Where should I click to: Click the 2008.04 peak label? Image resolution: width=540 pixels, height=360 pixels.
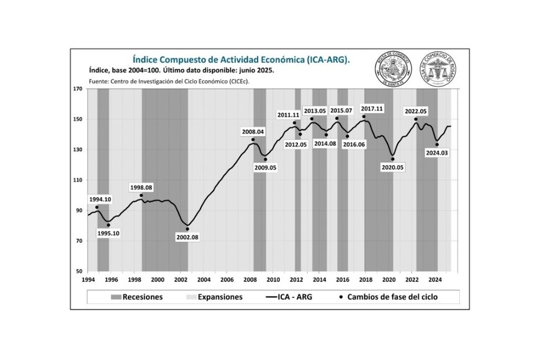tap(253, 132)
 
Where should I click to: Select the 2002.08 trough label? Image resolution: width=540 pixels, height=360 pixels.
tap(187, 238)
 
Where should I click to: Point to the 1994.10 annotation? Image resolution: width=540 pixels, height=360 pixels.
tap(99, 199)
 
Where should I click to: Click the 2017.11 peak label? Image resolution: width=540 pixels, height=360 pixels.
tap(372, 109)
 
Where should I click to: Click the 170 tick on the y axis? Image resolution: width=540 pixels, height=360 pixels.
tap(78, 89)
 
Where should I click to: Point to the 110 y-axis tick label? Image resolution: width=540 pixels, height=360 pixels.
tap(78, 180)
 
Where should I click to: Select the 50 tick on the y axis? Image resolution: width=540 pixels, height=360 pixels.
tap(79, 271)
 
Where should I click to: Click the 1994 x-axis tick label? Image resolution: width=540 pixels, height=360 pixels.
tap(88, 280)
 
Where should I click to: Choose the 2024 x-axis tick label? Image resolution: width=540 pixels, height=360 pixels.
tap(436, 280)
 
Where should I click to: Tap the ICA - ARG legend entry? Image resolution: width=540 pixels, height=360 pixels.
tap(289, 297)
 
